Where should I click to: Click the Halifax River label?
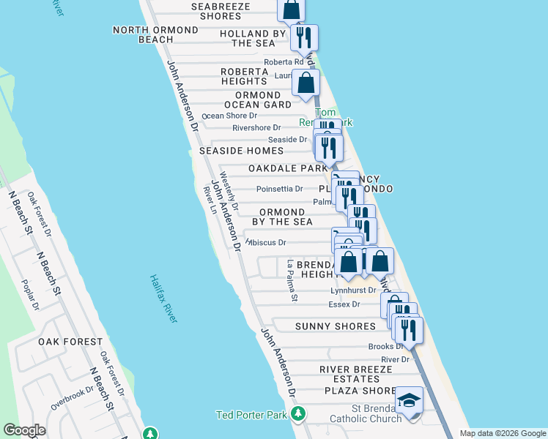pos(163,299)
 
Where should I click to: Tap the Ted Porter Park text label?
pos(252,415)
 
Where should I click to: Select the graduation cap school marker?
pos(410,400)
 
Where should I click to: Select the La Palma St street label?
pos(292,282)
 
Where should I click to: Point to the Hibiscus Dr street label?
pos(267,242)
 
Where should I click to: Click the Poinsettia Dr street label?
pos(279,189)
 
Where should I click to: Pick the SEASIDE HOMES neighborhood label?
pos(241,151)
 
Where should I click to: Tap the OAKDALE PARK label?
pos(287,168)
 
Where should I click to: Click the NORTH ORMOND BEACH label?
pos(155,34)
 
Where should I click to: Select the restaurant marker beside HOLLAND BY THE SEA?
pos(303,37)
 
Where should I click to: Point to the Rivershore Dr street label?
pos(256,127)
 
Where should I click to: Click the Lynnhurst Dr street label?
pos(352,290)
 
